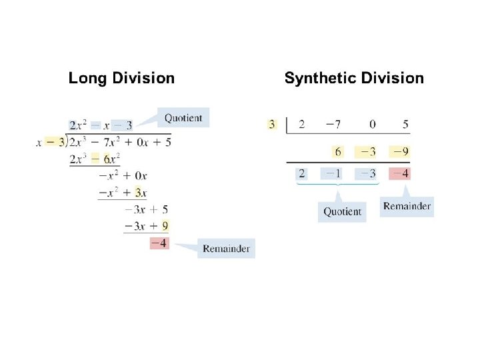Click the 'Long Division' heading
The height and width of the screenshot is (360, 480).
(121, 78)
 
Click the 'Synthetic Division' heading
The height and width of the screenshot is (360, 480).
(354, 78)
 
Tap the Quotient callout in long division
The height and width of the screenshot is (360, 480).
(183, 118)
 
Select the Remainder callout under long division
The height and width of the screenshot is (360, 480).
(226, 249)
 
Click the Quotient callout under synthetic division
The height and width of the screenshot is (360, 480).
(342, 211)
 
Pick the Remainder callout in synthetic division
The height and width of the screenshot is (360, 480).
(407, 206)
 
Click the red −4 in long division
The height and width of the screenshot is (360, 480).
(159, 243)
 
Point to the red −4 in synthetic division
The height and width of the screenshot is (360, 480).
(401, 174)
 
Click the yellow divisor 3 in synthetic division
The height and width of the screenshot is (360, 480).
(271, 124)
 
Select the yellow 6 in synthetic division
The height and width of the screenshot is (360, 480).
(338, 152)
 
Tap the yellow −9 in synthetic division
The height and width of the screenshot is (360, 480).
(401, 152)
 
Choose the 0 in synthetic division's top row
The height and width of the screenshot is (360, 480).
(372, 124)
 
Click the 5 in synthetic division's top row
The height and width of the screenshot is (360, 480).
(405, 124)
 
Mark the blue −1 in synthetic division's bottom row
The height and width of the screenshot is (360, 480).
(334, 174)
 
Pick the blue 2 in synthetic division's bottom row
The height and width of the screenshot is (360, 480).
(301, 174)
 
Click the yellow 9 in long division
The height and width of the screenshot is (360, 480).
(165, 226)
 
